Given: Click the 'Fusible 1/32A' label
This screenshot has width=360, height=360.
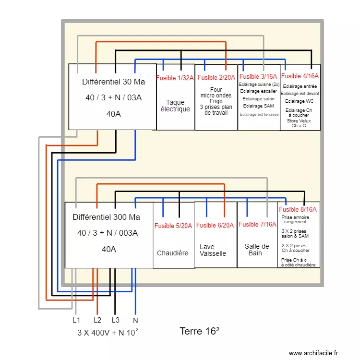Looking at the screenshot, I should [x=175, y=78].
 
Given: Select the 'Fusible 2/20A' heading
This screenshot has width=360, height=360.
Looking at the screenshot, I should [x=216, y=77].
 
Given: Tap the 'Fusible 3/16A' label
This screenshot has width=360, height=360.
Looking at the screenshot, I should [x=258, y=76].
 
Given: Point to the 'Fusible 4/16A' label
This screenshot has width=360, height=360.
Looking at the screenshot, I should [x=300, y=76].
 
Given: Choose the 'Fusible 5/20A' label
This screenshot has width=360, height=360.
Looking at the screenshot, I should [x=173, y=226].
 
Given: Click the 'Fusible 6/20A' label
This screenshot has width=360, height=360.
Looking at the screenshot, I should [x=216, y=226].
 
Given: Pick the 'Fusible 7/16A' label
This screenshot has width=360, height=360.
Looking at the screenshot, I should [x=257, y=224].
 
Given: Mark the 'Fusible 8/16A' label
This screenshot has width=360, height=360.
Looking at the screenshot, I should [x=298, y=209].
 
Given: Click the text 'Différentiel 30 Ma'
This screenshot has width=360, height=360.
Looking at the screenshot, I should [x=113, y=82].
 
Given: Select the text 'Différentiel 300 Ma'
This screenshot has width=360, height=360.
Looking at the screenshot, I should [x=107, y=217].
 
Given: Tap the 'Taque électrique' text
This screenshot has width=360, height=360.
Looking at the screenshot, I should [x=175, y=106].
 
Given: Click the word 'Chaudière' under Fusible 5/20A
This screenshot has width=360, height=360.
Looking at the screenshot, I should [x=173, y=253].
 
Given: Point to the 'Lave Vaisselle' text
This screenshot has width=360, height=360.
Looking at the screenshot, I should [x=213, y=250].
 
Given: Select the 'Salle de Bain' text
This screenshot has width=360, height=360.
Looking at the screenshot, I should [x=257, y=250].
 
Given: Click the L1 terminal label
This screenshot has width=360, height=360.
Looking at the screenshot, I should [x=76, y=320].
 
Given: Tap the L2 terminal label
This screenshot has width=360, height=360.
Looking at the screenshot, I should [x=97, y=320].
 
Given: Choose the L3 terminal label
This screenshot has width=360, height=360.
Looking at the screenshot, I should [x=115, y=320].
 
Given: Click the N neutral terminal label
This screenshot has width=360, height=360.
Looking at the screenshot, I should [x=135, y=320].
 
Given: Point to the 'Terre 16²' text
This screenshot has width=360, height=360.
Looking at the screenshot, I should [x=200, y=331].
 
